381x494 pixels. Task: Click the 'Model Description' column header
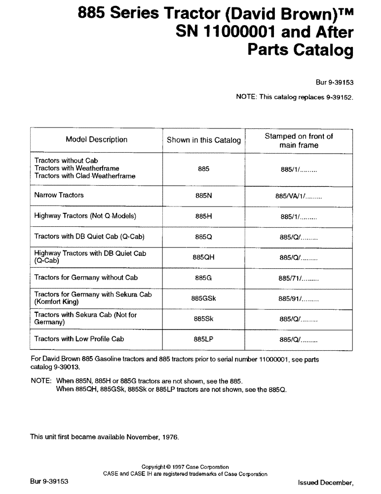point(96,140)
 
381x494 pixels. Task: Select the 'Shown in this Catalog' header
point(203,140)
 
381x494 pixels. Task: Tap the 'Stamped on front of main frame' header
point(299,141)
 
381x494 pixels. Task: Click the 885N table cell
point(203,196)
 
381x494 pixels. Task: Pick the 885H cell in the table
point(203,216)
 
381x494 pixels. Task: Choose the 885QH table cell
point(203,257)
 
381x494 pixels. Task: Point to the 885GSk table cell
point(203,298)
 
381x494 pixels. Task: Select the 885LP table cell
point(203,339)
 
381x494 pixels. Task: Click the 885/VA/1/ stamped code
point(299,196)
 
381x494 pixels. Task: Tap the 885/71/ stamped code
point(299,278)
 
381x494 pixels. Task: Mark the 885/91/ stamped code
point(299,299)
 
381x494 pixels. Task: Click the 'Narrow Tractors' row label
point(59,195)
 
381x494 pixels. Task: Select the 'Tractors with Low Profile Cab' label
point(79,339)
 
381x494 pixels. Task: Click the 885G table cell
point(203,278)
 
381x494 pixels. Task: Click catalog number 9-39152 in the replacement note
point(338,97)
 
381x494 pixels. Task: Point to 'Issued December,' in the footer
point(326,482)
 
